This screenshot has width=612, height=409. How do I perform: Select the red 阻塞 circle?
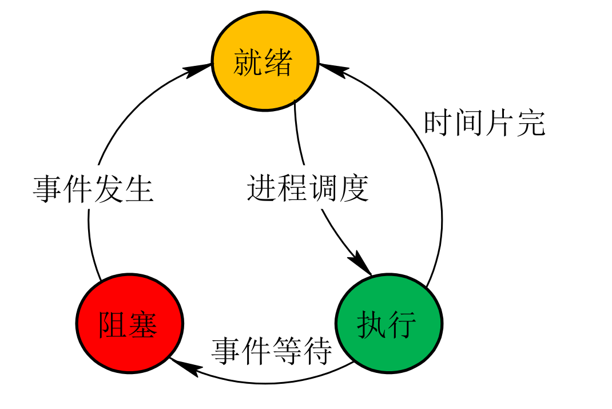[129, 324]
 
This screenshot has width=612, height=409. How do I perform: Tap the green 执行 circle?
[389, 324]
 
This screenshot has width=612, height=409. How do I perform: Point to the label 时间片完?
[484, 123]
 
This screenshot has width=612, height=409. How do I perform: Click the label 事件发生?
[93, 189]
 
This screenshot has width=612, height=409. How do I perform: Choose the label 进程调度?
[308, 188]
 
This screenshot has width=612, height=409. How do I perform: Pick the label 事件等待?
[272, 350]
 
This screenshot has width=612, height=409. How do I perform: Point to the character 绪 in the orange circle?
[279, 62]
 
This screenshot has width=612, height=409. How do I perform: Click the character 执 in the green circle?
[372, 325]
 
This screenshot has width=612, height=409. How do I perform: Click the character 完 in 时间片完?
[531, 123]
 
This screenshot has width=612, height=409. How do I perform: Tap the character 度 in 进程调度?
[354, 188]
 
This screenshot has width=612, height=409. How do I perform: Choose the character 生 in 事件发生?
[139, 189]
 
